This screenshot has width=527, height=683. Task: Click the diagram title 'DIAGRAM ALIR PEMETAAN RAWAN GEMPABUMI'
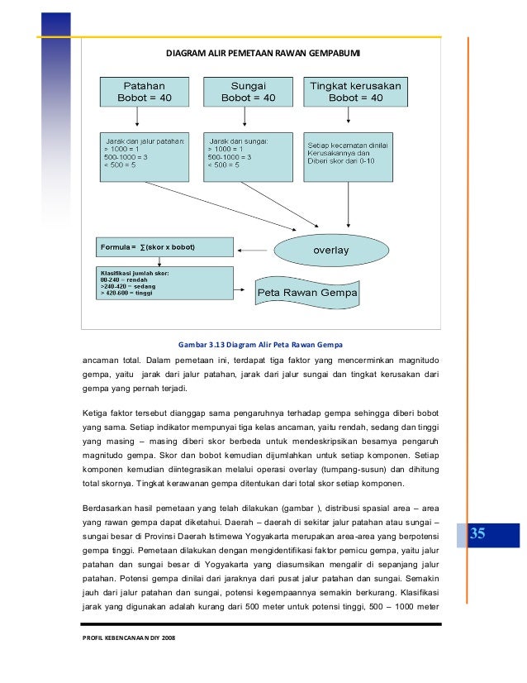(263, 54)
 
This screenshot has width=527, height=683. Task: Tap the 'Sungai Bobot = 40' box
(248, 92)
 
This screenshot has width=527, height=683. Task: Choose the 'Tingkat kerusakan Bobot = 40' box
(355, 92)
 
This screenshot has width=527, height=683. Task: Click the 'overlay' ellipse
(330, 249)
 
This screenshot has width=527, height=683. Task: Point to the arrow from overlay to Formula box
(254, 248)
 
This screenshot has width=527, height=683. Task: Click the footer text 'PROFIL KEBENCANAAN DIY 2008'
(128, 638)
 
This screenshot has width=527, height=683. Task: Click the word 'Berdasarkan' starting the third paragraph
(107, 507)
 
